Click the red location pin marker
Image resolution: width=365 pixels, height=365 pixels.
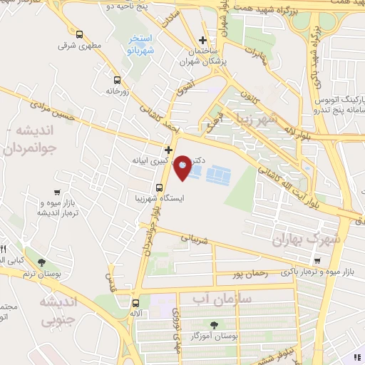183,168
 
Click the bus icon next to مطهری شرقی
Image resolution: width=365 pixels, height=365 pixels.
78,34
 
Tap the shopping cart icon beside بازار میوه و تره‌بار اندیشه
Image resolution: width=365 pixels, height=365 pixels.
57,192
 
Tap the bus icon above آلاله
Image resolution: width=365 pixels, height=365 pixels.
135,292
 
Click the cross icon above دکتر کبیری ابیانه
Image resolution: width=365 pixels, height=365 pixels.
168,150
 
